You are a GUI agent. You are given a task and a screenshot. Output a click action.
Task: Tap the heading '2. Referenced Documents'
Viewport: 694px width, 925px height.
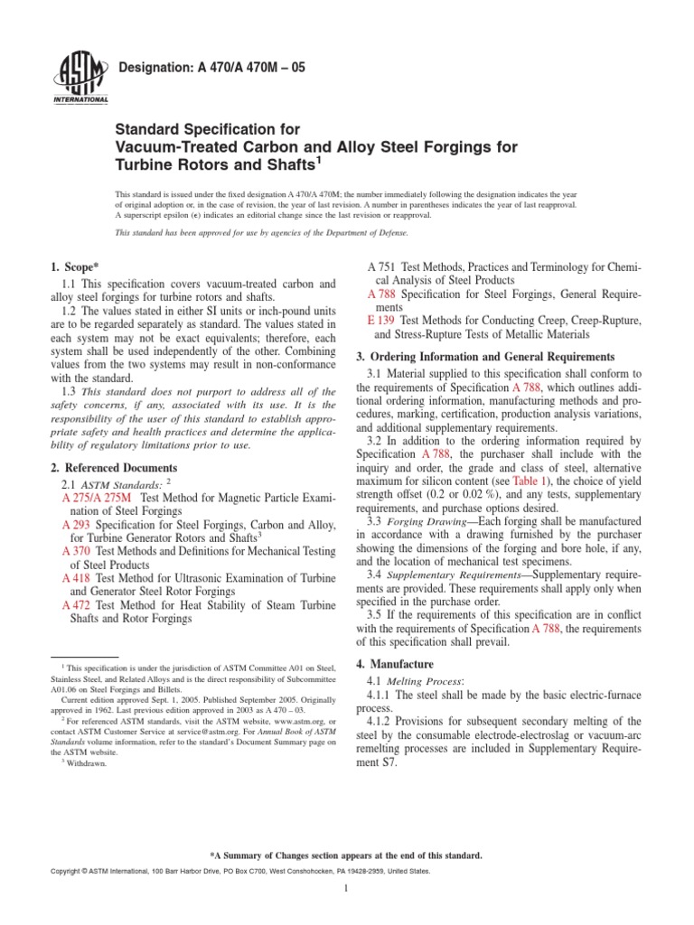114,468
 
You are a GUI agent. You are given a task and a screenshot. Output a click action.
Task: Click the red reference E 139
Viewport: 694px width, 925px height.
383,321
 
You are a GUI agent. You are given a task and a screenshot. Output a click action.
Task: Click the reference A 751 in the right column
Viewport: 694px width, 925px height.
383,268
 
